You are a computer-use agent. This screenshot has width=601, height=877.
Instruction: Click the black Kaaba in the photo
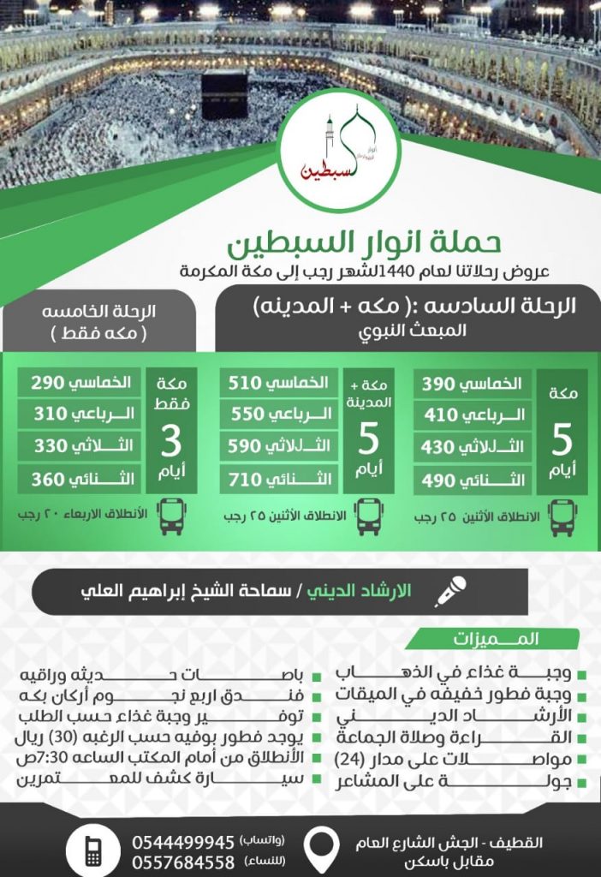(224, 94)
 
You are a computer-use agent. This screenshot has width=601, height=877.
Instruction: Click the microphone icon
(450, 591)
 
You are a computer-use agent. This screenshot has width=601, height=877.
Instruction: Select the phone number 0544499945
(183, 840)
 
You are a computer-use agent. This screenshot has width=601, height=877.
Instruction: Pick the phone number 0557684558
(183, 860)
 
